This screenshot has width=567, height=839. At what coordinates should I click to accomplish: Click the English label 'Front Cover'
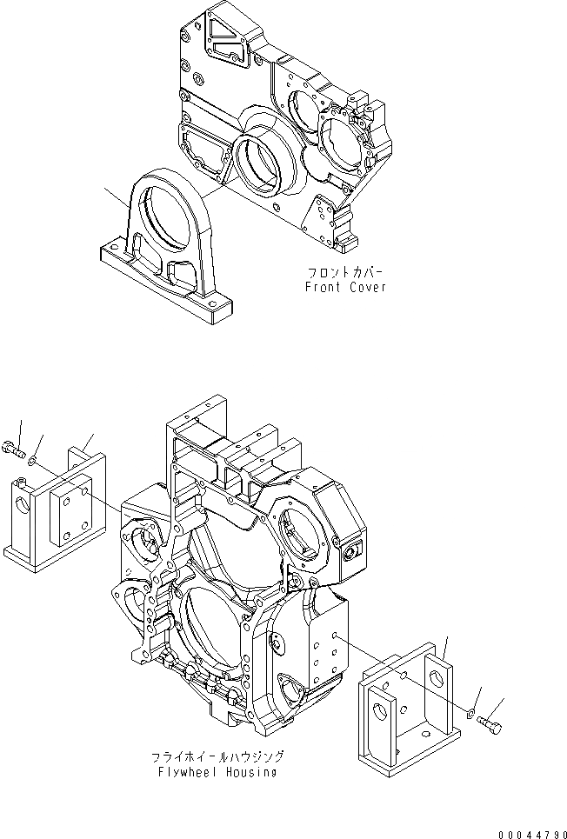344,287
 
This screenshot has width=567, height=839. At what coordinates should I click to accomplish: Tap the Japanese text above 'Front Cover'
344,271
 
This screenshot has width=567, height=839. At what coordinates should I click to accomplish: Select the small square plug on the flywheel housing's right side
353,550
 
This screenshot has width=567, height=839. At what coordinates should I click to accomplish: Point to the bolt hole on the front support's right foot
211,303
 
